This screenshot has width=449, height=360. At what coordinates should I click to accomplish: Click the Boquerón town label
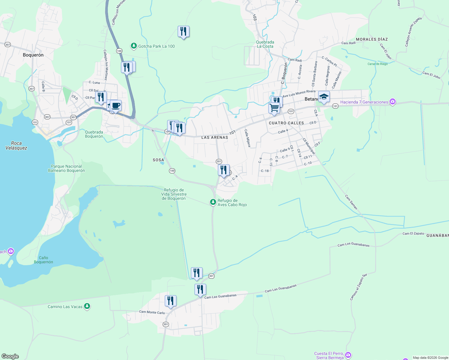33,55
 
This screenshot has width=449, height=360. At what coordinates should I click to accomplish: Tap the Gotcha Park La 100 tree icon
134,46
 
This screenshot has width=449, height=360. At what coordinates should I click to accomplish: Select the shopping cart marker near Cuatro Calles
274,108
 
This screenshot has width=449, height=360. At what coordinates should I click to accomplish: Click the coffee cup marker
116,106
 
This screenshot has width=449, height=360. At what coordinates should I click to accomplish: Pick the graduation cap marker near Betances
324,97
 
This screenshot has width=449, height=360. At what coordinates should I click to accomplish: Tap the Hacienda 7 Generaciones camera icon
393,102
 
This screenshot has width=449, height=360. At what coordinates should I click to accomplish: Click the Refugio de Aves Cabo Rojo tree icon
213,202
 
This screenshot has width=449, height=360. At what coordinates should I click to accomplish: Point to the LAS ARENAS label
215,137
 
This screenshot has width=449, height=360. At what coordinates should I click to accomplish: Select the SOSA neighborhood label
158,160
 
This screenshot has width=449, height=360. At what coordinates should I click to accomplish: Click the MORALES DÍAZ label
372,39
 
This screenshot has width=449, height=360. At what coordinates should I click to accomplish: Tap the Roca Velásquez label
16,145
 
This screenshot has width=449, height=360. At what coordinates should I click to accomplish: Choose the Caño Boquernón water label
44,260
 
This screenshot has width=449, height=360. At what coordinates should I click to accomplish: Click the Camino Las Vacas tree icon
87,306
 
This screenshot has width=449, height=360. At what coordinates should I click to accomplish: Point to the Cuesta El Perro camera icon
348,355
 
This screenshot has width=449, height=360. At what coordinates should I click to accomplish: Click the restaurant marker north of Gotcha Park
183,31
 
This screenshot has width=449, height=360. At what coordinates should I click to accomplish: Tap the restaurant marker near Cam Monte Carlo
170,301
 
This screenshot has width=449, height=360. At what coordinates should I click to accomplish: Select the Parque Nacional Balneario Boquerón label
66,168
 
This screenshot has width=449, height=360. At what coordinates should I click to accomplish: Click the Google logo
10,356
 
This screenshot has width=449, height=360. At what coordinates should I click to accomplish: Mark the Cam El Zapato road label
413,233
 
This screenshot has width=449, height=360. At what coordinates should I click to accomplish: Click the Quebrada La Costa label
265,44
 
